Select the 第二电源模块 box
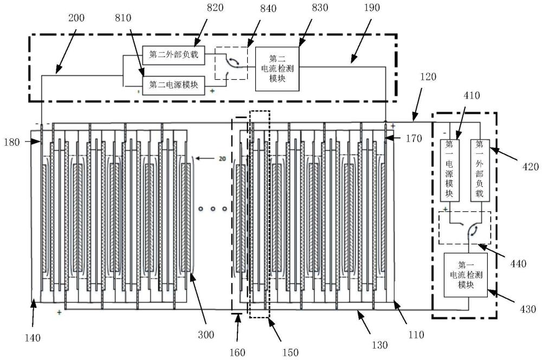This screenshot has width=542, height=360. click(x=173, y=85)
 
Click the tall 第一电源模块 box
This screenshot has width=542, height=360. click(x=449, y=170)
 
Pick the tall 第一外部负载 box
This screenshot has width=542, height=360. click(x=479, y=170)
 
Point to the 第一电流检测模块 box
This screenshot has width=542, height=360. click(x=466, y=274)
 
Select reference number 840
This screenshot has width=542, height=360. click(x=252, y=8)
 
